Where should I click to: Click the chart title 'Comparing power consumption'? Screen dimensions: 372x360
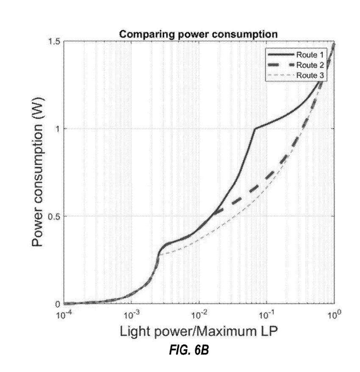(x=198, y=35)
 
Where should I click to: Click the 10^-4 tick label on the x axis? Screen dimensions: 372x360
(x=64, y=314)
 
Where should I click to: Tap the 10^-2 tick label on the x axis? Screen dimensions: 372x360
(x=199, y=314)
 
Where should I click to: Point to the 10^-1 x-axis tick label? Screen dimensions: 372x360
(x=267, y=314)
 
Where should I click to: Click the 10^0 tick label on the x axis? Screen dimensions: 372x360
(x=335, y=314)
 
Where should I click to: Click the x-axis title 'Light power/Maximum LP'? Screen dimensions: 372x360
(x=199, y=333)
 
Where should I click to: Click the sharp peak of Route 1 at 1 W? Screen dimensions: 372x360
(x=254, y=129)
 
